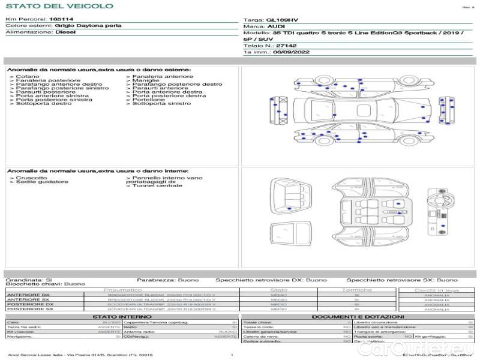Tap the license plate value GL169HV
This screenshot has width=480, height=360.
point(281,20)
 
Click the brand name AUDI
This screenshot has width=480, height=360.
point(276,27)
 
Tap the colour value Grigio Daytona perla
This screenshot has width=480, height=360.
point(88,26)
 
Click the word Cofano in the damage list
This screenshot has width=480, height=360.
point(28,77)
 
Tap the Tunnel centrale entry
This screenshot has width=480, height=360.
point(157,186)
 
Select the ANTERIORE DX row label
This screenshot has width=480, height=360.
point(28,295)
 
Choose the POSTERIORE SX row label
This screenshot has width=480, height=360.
point(28,309)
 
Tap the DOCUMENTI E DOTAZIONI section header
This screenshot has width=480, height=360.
point(358,317)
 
